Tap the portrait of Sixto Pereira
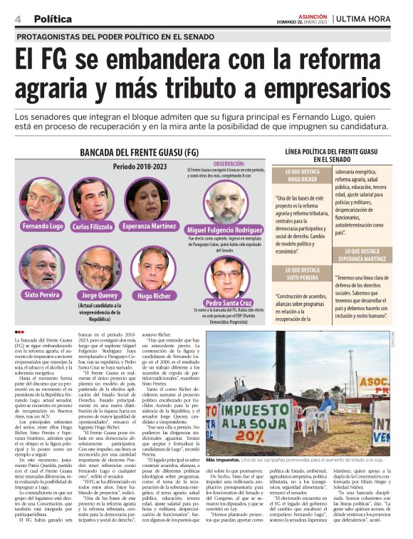point(42,267)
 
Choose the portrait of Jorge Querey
point(98,267)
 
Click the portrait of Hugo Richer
point(153,267)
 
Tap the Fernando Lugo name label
point(42,226)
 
